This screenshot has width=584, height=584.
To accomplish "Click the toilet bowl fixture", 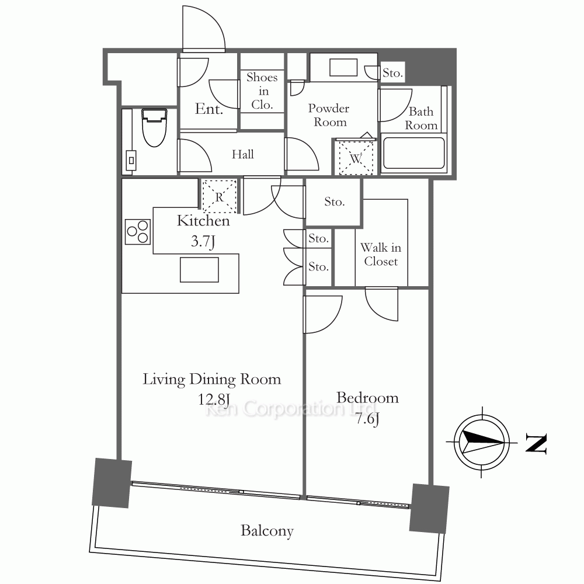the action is (x=154, y=127).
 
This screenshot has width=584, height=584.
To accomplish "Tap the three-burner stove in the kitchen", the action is (x=137, y=232).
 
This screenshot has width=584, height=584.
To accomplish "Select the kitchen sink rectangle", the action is (x=199, y=270).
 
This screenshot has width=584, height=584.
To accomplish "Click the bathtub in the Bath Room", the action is (x=413, y=153).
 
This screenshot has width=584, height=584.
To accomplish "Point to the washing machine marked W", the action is (x=356, y=157).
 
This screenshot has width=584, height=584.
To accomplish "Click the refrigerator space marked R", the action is (x=219, y=196).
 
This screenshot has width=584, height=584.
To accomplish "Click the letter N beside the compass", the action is (x=536, y=443).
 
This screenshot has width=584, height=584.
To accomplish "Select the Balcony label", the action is (x=267, y=531).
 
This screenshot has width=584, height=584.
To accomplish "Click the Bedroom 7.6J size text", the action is (x=367, y=419).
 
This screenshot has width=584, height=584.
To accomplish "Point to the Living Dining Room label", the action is (x=212, y=379).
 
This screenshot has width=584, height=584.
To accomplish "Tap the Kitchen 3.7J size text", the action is (x=203, y=241).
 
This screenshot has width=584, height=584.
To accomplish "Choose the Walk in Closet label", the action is (x=381, y=255).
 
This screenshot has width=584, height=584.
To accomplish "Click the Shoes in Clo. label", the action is (x=262, y=91).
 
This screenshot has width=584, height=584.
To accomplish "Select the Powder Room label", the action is (x=329, y=115).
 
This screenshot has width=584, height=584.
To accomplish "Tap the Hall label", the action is (x=243, y=154).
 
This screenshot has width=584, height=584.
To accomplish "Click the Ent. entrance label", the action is (x=209, y=109).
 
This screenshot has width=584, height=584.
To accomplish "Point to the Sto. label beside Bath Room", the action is (x=392, y=73).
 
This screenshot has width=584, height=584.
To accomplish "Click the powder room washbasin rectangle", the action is (x=343, y=67).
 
